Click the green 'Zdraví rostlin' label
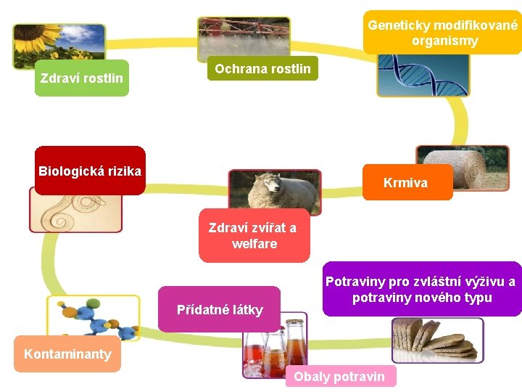click(82, 78)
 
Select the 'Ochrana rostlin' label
click(262, 69)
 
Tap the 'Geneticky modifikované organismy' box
click(442, 33)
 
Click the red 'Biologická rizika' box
click(90, 171)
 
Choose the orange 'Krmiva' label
click(405, 183)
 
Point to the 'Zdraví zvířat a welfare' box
click(253, 236)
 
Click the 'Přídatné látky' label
click(220, 310)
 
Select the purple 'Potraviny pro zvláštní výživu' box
click(420, 290)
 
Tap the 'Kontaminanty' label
click(67, 354)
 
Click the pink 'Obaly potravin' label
click(339, 377)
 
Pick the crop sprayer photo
click(244, 36)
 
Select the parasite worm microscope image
click(75, 211)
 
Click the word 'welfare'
click(254, 244)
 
